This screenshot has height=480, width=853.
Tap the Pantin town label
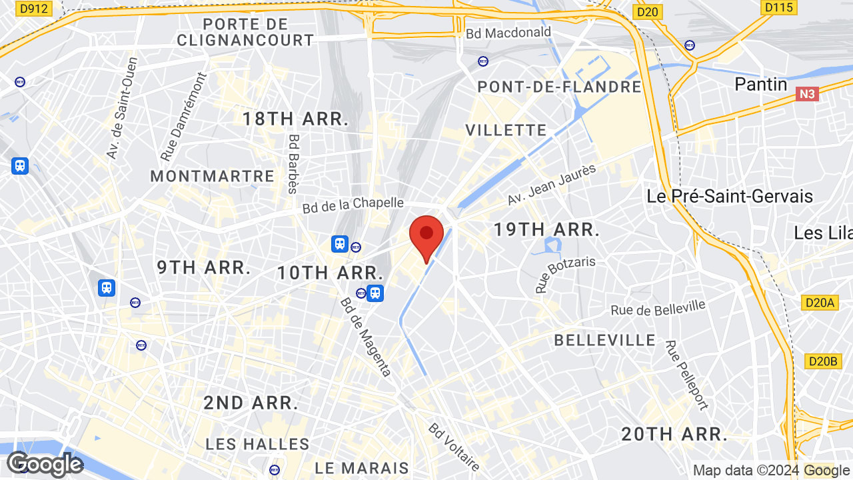760,85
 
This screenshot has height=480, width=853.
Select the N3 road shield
806,94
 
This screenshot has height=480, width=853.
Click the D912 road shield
34,9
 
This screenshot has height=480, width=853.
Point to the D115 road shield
778,7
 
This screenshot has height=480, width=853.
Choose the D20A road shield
819,303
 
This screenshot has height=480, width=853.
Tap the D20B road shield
821,361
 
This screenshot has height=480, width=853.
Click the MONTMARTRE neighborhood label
212,177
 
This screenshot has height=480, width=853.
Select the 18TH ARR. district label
295,119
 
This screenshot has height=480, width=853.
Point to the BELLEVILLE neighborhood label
605,341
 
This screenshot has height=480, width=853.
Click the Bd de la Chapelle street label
353,205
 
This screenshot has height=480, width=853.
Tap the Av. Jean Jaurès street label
551,185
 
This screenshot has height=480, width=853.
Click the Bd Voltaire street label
454,446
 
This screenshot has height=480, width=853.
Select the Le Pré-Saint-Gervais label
730,197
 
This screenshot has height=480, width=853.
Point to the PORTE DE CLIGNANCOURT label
245,32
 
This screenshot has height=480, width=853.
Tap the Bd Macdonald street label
508,33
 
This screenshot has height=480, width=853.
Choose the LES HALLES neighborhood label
257,444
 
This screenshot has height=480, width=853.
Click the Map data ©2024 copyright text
747,471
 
